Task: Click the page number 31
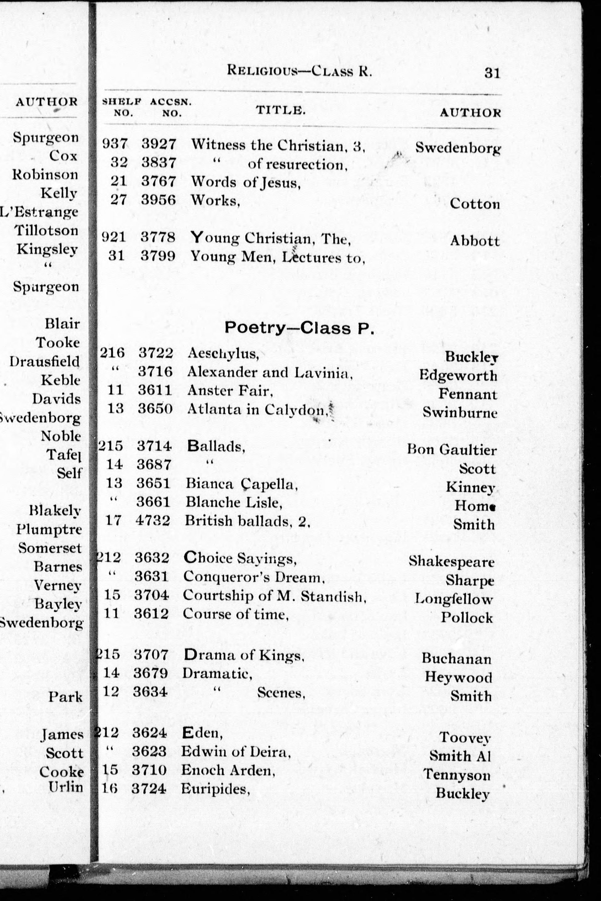point(492,73)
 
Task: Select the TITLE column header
point(280,110)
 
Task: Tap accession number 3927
point(159,144)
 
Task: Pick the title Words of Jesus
point(245,182)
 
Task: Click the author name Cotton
point(475,204)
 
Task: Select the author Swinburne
point(460,412)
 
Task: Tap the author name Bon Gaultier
point(452,450)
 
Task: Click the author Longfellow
point(454,599)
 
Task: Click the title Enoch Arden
point(228,770)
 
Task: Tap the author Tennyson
point(457,774)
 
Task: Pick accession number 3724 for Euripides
point(149,789)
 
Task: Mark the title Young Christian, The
point(271,239)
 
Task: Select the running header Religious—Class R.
point(299,71)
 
